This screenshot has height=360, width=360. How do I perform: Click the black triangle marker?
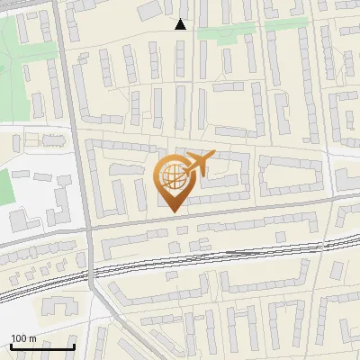181,24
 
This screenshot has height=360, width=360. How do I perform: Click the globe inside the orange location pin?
172,177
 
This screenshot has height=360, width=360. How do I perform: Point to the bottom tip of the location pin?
172,211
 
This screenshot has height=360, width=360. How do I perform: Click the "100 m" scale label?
23,338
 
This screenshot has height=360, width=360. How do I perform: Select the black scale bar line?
41,346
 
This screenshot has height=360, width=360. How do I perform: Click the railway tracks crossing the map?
225,256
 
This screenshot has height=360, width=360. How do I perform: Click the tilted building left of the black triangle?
146,13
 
